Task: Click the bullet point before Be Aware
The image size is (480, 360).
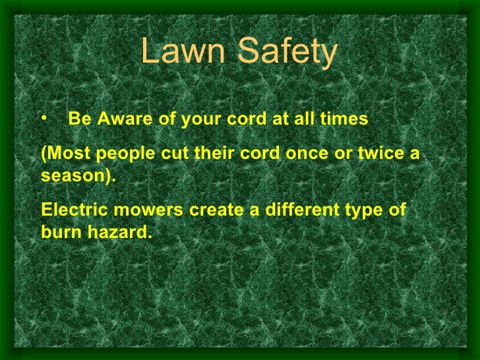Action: tap(44, 118)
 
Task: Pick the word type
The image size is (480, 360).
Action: tap(374, 211)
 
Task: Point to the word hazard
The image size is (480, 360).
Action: tap(118, 233)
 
